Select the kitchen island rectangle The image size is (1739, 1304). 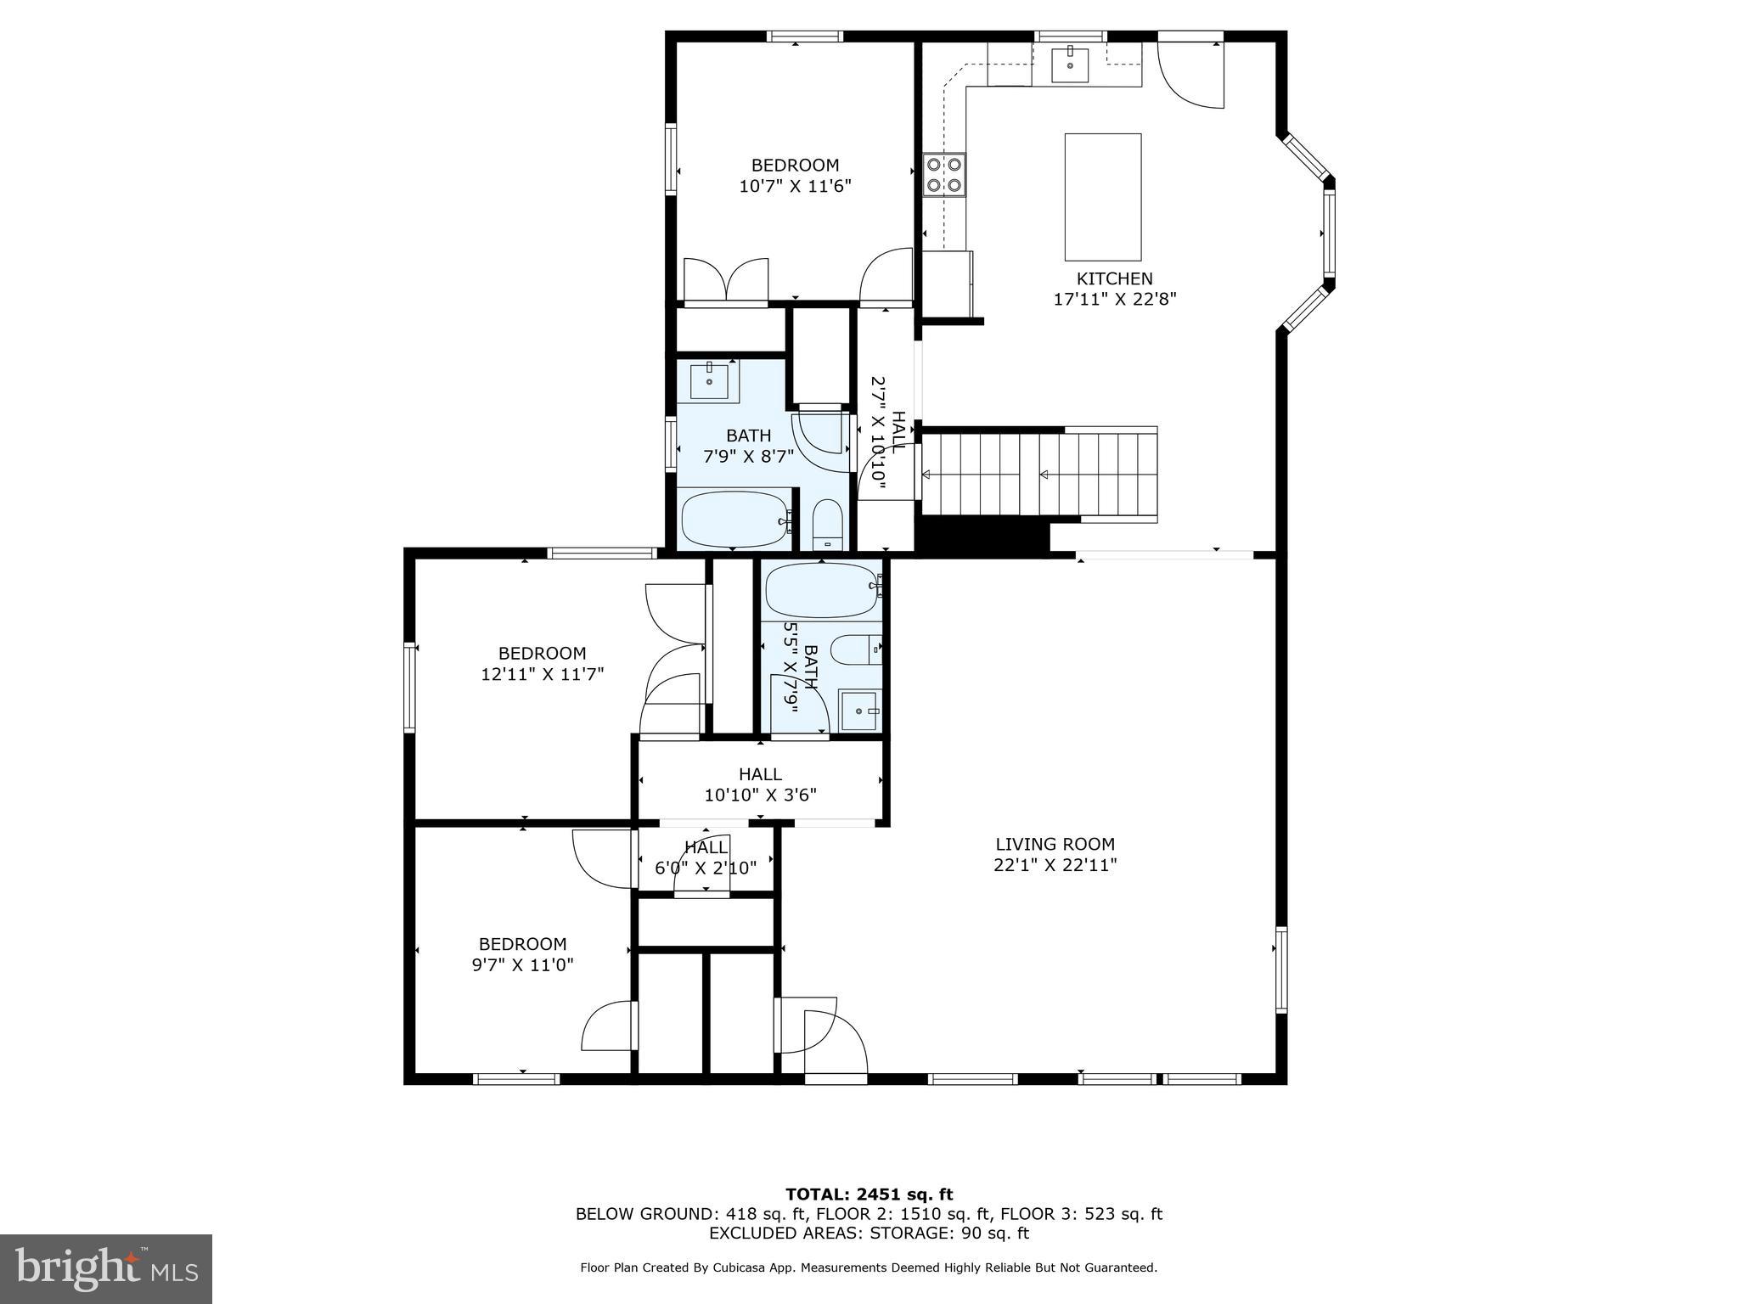(x=1103, y=197)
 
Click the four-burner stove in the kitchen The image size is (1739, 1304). (x=944, y=174)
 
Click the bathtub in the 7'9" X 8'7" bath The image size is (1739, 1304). (x=736, y=519)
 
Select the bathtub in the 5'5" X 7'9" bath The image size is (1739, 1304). (x=822, y=589)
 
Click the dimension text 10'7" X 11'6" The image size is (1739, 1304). (x=795, y=186)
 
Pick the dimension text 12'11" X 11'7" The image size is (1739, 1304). (x=542, y=674)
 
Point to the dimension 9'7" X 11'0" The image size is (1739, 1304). (x=523, y=964)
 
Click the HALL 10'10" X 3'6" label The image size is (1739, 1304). (x=760, y=784)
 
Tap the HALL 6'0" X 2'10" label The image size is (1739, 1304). (x=706, y=857)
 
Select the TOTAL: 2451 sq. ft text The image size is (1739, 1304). (x=869, y=1194)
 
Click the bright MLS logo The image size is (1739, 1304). (x=106, y=1269)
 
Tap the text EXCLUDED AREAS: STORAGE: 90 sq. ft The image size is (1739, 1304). (x=869, y=1233)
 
